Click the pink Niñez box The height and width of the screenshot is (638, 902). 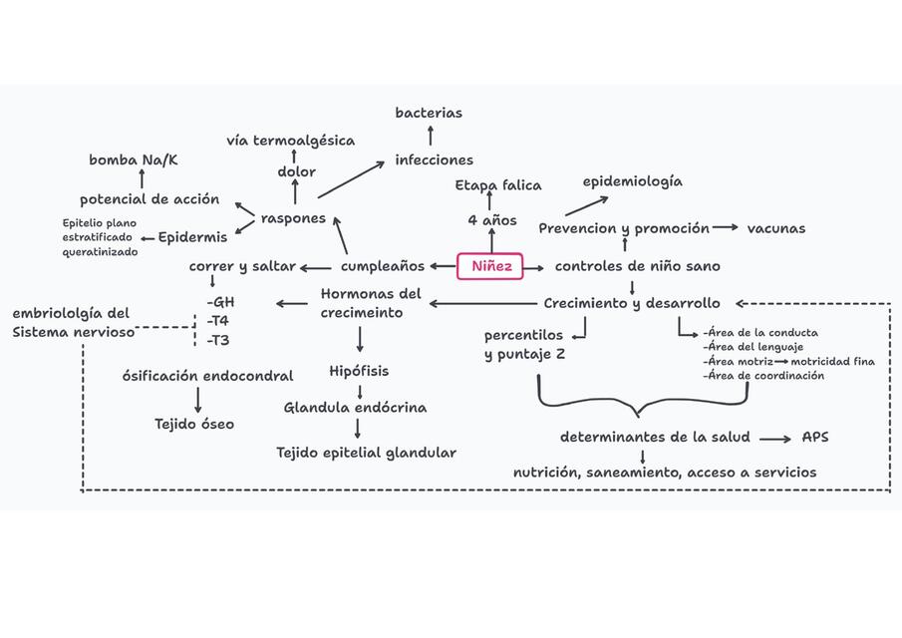click(x=491, y=266)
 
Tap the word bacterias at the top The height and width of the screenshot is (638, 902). click(x=429, y=113)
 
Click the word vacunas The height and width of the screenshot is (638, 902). click(x=776, y=228)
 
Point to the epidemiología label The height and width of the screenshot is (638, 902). click(x=633, y=181)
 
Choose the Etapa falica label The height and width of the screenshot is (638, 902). click(x=498, y=185)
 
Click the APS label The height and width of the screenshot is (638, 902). click(x=815, y=438)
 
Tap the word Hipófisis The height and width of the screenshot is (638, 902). click(x=359, y=371)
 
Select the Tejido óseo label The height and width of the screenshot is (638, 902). click(x=194, y=424)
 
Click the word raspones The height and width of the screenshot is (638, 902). click(x=293, y=217)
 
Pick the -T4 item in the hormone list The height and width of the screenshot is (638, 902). click(x=217, y=321)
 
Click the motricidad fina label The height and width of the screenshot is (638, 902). click(x=833, y=361)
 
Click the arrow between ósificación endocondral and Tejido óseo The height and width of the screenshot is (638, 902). click(x=197, y=400)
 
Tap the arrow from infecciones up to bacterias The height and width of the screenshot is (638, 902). click(x=430, y=136)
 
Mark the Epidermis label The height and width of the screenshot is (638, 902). click(x=192, y=237)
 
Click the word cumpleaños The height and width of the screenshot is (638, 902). click(x=383, y=266)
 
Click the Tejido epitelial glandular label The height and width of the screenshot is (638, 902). click(x=366, y=453)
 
